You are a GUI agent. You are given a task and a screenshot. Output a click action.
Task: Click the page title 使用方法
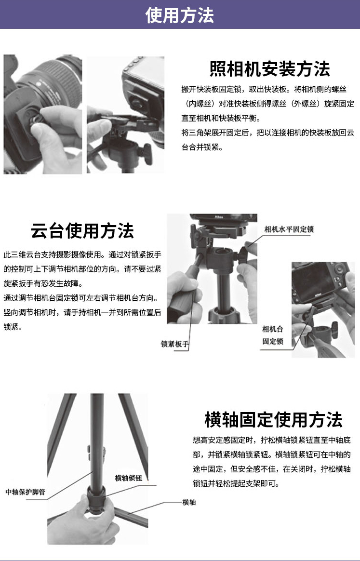[x=180, y=15]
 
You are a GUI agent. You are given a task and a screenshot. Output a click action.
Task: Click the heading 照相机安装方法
[x=269, y=69]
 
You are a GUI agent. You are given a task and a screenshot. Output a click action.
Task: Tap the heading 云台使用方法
[x=82, y=231]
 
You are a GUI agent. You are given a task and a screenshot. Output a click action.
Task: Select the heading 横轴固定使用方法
[x=273, y=420]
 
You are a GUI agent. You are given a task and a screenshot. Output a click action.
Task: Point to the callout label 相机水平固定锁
[x=289, y=229]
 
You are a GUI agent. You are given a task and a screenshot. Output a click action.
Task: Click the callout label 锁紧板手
[x=174, y=344]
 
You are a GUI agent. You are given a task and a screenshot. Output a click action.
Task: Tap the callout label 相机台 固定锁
[x=273, y=335]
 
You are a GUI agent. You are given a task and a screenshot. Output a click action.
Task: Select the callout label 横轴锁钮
[x=129, y=478]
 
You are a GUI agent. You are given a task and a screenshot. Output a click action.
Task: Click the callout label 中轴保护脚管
[x=25, y=492]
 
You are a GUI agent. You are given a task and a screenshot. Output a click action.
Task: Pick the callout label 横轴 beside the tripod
[x=189, y=502]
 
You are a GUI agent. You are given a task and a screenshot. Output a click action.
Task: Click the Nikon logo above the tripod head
[x=219, y=217]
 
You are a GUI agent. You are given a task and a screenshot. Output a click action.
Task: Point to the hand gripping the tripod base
[x=83, y=523]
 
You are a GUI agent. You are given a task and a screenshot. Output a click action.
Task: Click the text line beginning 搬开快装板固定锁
[x=264, y=89]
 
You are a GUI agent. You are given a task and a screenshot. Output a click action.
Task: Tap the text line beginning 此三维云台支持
[x=82, y=254]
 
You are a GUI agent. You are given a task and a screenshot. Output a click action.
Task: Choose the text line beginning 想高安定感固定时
[x=272, y=440]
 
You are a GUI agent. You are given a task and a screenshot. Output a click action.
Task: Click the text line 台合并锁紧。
[x=202, y=147]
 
